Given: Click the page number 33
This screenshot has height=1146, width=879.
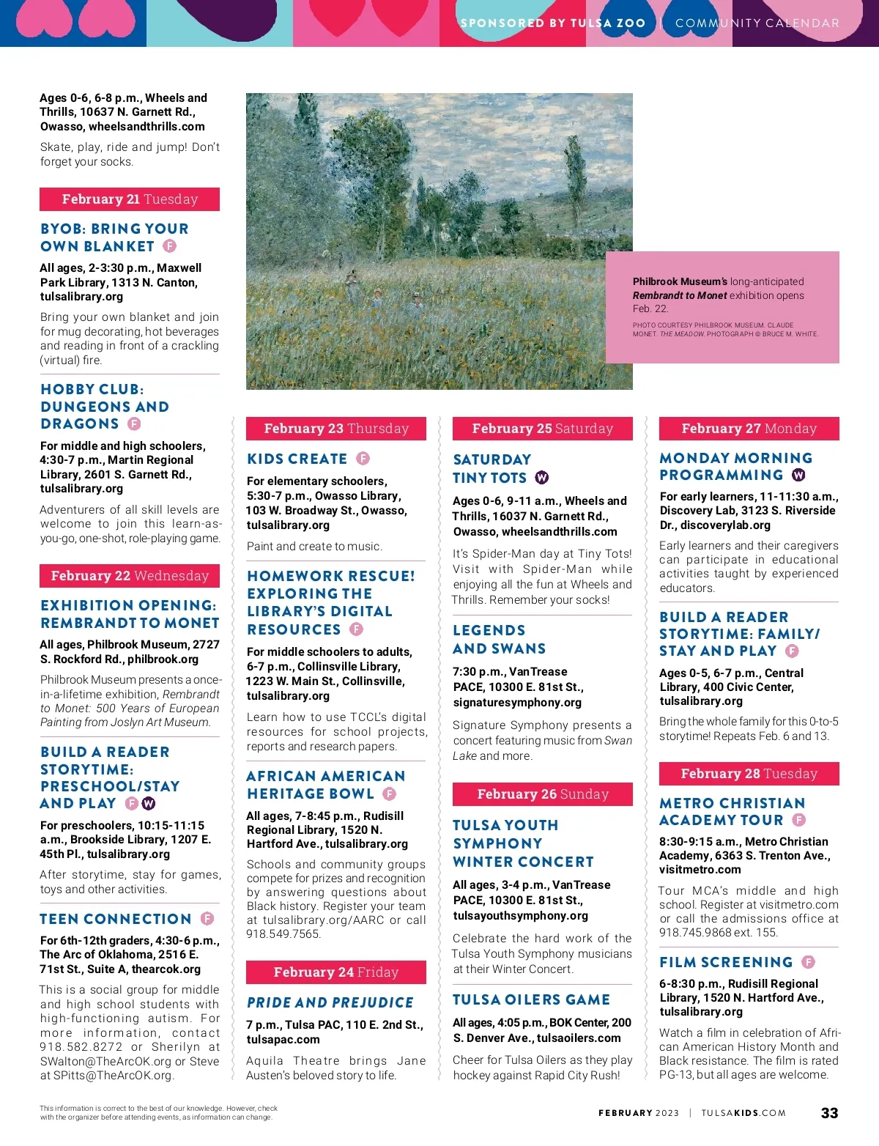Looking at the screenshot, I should click(x=829, y=1112).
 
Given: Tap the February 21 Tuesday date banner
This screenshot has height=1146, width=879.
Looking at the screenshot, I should click(x=130, y=199).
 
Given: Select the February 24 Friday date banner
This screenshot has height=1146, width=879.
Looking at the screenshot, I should click(x=336, y=972).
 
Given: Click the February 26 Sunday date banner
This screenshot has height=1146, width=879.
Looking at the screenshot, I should click(x=543, y=794).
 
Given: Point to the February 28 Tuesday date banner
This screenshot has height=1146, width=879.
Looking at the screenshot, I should click(x=749, y=774).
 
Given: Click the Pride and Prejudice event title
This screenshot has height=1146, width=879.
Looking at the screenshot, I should click(x=330, y=1002).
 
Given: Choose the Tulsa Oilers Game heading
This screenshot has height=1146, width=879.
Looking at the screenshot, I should click(x=531, y=999).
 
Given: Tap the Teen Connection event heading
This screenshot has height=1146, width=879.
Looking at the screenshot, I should click(x=116, y=919).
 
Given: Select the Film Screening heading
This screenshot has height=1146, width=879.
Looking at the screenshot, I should click(x=726, y=962).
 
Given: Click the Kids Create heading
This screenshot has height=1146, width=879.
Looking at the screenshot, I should click(x=297, y=459).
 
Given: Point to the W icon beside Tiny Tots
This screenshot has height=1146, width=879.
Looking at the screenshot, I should click(x=542, y=478).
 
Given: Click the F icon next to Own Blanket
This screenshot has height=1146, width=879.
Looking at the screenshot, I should click(x=169, y=246).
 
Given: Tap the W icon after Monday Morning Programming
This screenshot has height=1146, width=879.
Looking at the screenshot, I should click(x=798, y=475).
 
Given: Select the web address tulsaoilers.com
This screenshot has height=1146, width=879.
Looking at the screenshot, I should click(x=579, y=1038).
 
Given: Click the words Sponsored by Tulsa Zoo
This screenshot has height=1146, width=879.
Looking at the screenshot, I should click(x=552, y=23).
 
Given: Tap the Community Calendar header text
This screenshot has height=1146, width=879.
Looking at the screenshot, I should click(x=757, y=23).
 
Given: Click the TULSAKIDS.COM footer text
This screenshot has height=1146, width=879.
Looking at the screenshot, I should click(x=743, y=1113).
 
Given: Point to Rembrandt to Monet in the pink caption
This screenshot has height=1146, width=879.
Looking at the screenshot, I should click(x=680, y=295).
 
